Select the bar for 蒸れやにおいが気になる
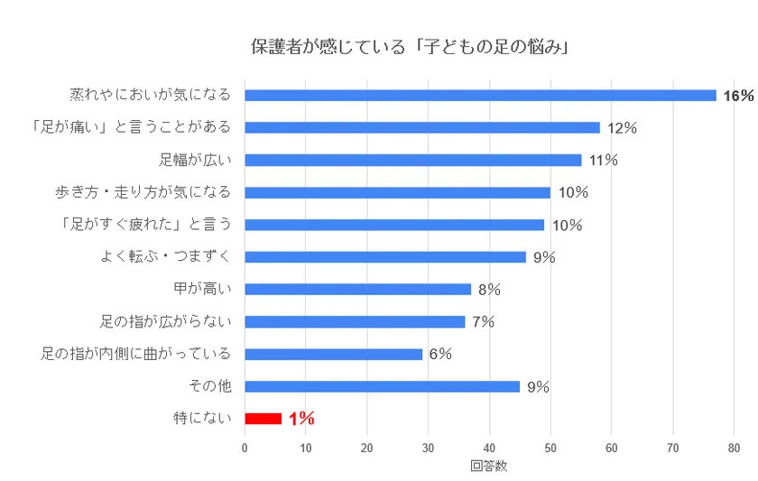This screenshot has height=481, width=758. point(480,95)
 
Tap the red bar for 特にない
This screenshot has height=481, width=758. point(263,418)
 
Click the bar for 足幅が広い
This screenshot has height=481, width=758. point(413,160)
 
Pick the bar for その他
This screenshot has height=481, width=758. point(383,386)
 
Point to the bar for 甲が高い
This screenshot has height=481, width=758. point(358,289)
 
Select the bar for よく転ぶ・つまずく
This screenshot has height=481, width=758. point(385,256)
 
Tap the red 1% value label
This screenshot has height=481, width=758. point(301,418)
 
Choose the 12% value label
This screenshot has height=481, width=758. point(622,128)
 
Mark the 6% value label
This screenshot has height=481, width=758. point(440,354)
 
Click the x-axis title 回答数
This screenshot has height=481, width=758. point(488,467)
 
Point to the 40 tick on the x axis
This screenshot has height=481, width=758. point(489,447)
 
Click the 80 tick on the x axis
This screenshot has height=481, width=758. point(734,447)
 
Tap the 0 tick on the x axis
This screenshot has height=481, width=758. point(245,447)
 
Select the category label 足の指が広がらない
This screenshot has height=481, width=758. point(165,321)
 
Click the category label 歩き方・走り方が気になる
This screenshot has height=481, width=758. point(143,192)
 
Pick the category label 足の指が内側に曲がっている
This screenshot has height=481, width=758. point(136,354)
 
